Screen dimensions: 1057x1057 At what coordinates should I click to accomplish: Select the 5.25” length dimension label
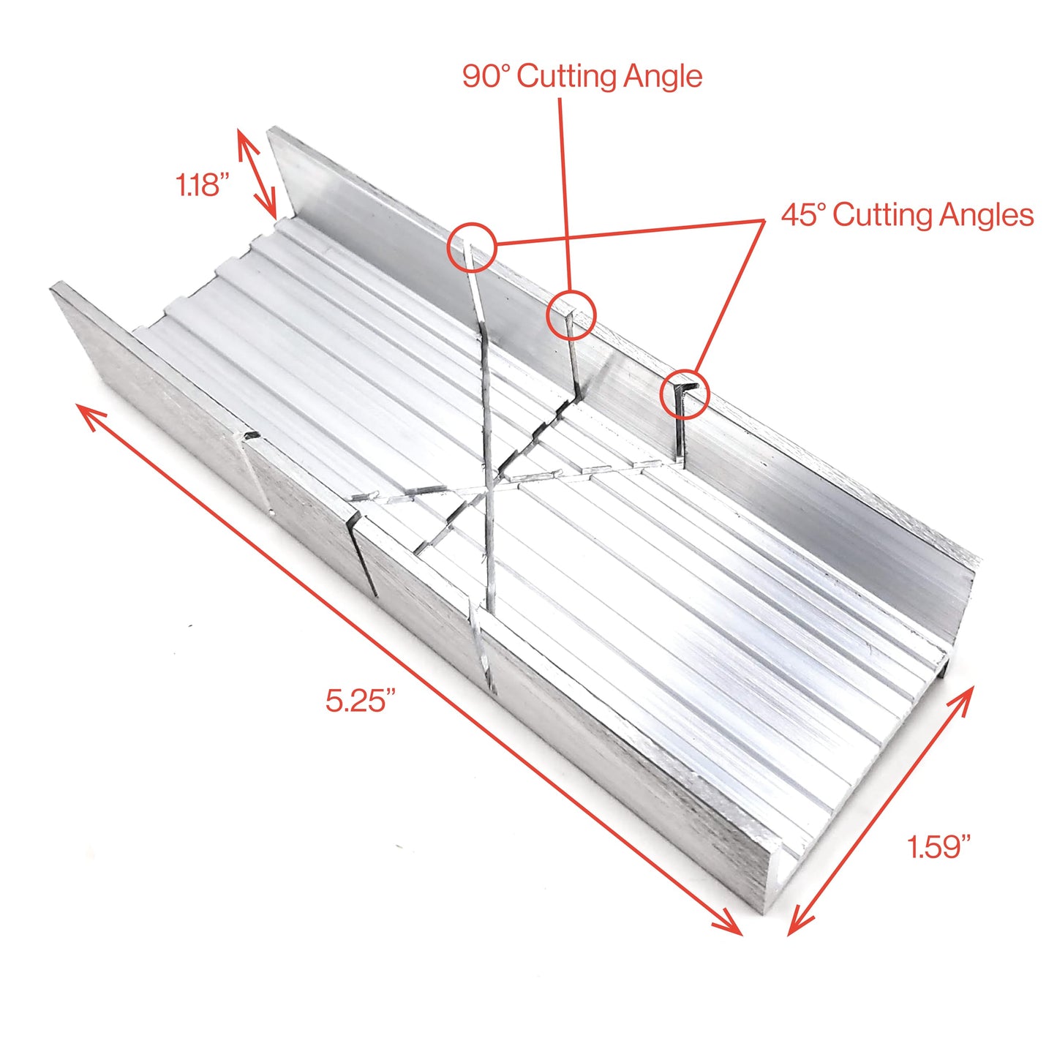[x=361, y=701]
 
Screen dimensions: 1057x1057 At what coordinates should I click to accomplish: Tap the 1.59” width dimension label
[x=938, y=846]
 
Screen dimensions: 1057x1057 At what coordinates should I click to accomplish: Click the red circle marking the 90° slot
[x=572, y=315]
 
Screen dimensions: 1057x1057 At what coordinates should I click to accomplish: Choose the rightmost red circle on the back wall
[x=685, y=395]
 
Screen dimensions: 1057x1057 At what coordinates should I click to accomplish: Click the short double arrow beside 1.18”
[x=257, y=174]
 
